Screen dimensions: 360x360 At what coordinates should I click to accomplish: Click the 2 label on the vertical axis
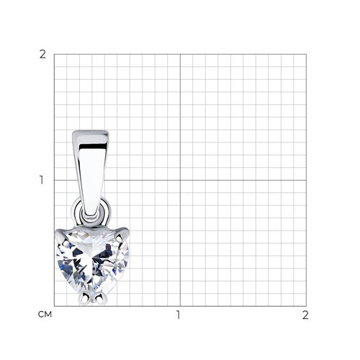pos(42,55)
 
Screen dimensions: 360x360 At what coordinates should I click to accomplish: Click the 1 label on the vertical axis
pos(42,180)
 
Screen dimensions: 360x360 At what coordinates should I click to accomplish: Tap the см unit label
pos(45,315)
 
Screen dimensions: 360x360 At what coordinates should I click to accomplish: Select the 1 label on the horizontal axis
pos(178,315)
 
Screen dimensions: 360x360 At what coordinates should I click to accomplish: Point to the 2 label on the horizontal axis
pos(305,315)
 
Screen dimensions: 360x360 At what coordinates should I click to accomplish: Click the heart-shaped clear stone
pos(92,261)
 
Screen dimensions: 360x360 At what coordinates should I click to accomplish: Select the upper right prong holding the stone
pos(122,233)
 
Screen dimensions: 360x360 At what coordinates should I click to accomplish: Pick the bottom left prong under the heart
pos(84,298)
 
